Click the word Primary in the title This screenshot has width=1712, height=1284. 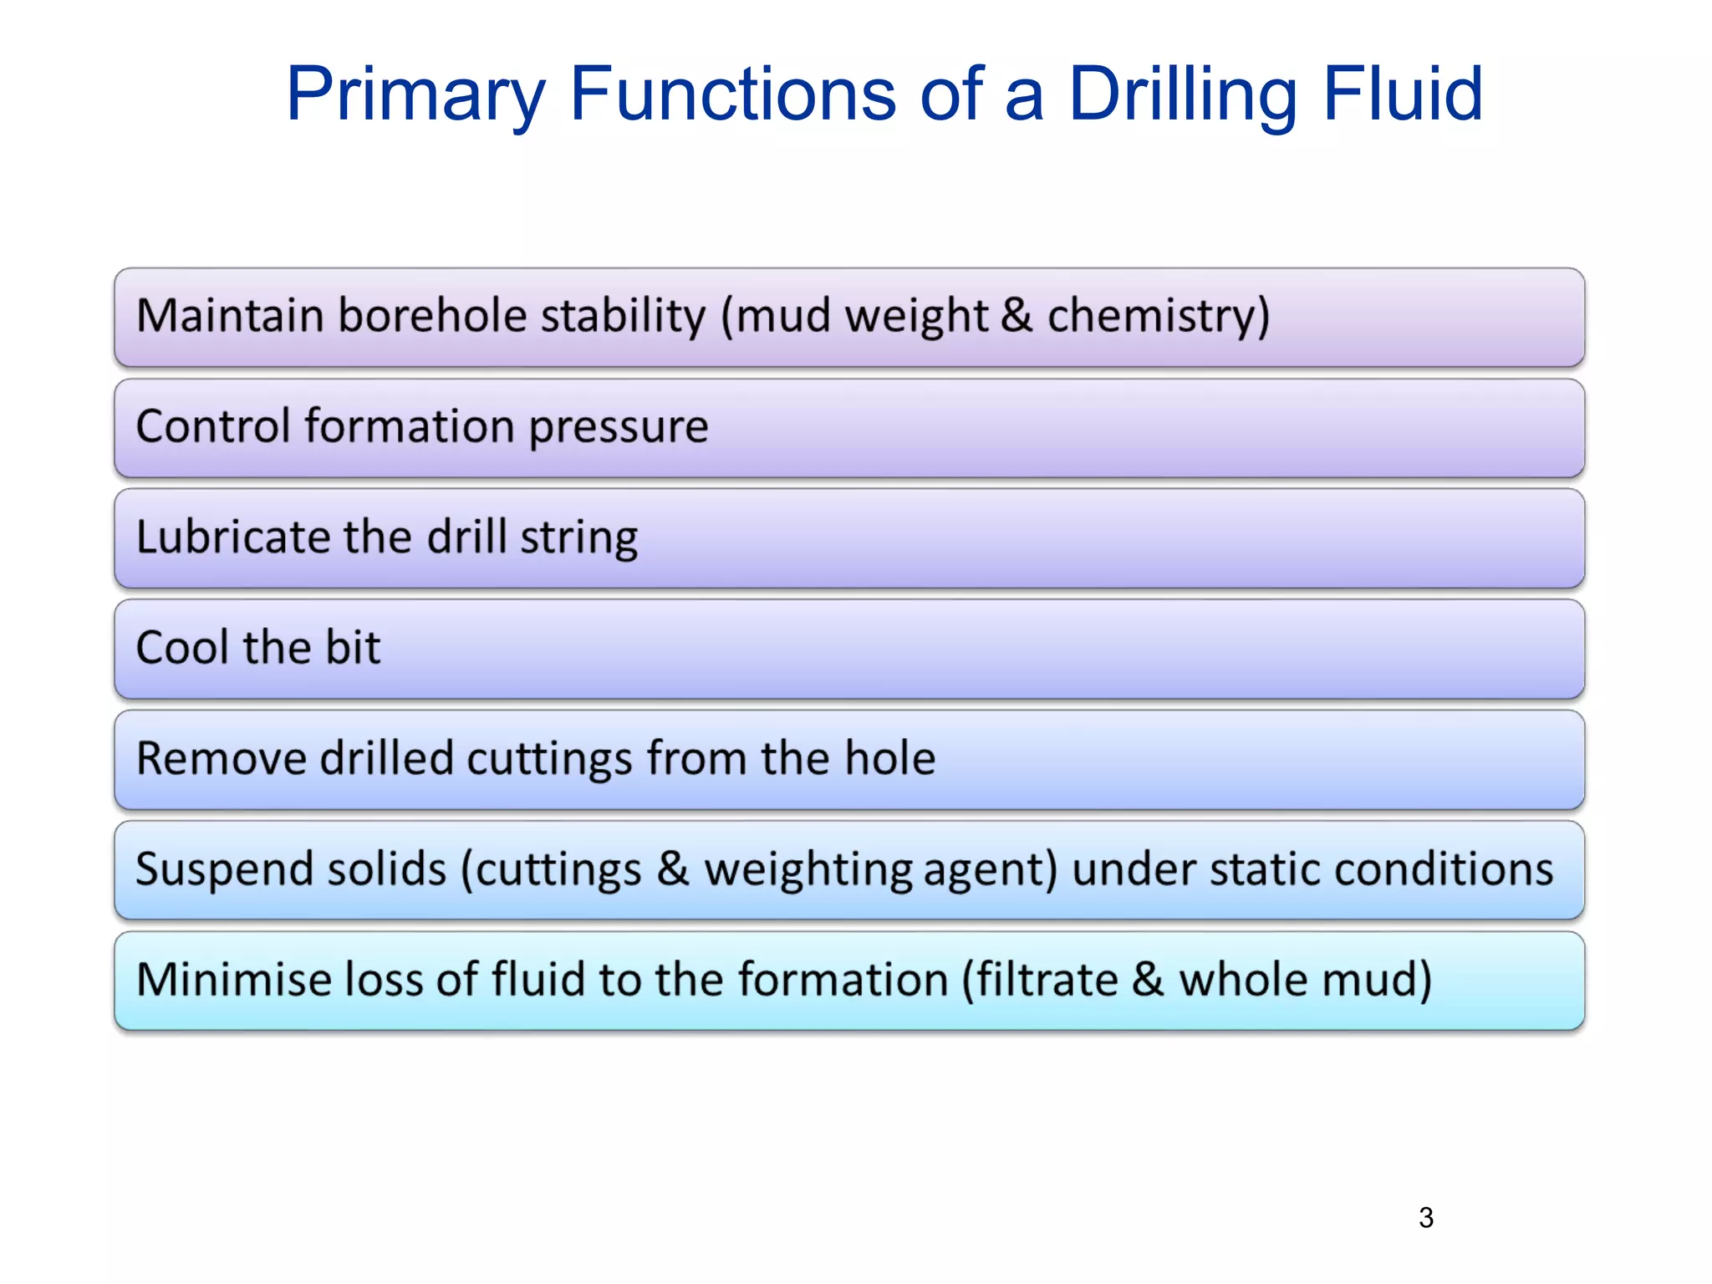click(x=415, y=94)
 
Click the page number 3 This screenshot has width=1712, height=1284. click(x=1426, y=1217)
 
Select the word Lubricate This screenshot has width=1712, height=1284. click(x=232, y=537)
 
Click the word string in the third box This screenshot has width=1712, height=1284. click(x=578, y=538)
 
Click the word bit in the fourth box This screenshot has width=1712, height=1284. click(x=353, y=648)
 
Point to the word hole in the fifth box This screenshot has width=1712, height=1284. click(x=889, y=758)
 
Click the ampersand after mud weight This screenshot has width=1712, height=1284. click(x=1016, y=316)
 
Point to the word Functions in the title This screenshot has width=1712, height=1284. click(x=733, y=94)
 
